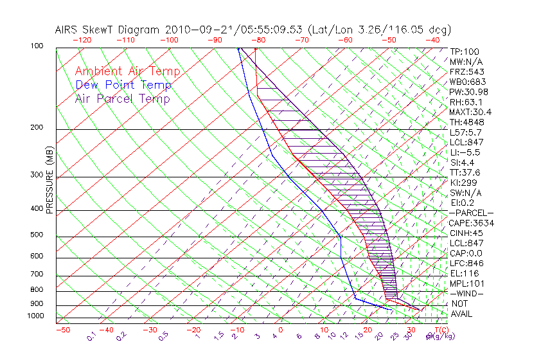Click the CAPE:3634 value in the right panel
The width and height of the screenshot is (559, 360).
point(471,223)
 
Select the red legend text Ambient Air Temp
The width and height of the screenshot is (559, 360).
point(127,72)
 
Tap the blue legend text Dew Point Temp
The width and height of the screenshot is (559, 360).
point(123,85)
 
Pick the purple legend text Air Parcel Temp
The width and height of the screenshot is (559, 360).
point(122,99)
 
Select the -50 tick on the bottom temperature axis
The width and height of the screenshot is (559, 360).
point(62,330)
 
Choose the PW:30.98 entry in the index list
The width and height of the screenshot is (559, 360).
point(465,91)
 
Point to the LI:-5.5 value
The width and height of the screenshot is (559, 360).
point(464,152)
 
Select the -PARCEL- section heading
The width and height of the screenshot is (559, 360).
point(471,213)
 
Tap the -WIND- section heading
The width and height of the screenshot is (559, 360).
point(466,293)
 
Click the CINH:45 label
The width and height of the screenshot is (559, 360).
point(465,233)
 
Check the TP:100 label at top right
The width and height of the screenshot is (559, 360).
point(464,51)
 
